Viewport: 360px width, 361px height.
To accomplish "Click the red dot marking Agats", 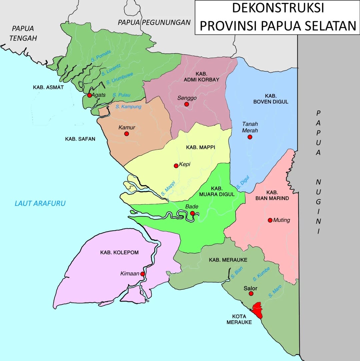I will [89, 95].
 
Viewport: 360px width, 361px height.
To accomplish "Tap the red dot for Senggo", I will [187, 104].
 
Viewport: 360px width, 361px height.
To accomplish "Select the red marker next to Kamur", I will [126, 134].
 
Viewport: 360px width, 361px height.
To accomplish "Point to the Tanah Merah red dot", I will [250, 137].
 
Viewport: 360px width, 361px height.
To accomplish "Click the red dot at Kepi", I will [176, 166].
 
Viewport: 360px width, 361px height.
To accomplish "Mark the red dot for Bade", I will [192, 213].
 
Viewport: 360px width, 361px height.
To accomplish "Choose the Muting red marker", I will [270, 220].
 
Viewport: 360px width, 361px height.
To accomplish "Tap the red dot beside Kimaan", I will [142, 274].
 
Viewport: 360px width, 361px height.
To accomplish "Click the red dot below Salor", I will [251, 293].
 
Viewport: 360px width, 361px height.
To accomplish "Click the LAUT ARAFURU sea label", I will [40, 203].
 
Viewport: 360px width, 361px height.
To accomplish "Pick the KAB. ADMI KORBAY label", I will [202, 77].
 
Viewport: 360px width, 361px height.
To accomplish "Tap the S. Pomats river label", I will [101, 56].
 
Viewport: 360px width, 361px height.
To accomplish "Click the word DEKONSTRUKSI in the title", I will [278, 8].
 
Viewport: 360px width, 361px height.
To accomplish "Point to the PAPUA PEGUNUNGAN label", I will [154, 22].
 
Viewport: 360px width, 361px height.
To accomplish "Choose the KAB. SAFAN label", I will [80, 139].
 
